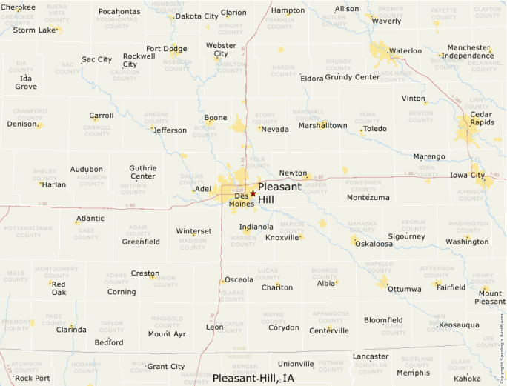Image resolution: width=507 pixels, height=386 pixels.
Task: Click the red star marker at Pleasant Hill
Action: click(x=253, y=193)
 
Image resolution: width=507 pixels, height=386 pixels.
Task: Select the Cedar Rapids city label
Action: click(x=481, y=119)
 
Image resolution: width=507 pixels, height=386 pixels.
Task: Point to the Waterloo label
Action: click(x=405, y=51)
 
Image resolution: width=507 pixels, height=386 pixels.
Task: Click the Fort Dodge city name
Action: click(x=166, y=49)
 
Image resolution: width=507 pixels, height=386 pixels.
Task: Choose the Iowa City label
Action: click(x=467, y=176)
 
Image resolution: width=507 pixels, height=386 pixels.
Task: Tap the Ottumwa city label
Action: click(x=404, y=288)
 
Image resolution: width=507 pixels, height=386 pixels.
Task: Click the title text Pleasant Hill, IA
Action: click(x=253, y=378)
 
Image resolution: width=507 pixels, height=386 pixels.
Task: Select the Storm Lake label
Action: click(x=34, y=30)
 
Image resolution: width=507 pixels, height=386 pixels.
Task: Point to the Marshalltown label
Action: click(x=322, y=126)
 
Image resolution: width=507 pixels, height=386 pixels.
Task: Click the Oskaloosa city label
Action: click(x=374, y=244)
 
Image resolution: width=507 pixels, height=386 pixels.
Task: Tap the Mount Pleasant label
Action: click(x=490, y=298)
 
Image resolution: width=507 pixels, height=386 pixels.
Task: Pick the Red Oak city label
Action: click(x=59, y=288)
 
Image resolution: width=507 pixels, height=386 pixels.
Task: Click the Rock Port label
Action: click(x=33, y=378)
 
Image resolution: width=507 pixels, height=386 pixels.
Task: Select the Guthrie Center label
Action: click(x=142, y=172)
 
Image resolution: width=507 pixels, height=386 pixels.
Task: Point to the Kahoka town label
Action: click(x=467, y=379)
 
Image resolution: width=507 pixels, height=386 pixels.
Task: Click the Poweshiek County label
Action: click(x=363, y=186)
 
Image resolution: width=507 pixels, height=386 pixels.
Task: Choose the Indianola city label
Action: click(x=256, y=227)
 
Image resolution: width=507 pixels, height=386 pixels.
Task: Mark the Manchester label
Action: click(x=468, y=48)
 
